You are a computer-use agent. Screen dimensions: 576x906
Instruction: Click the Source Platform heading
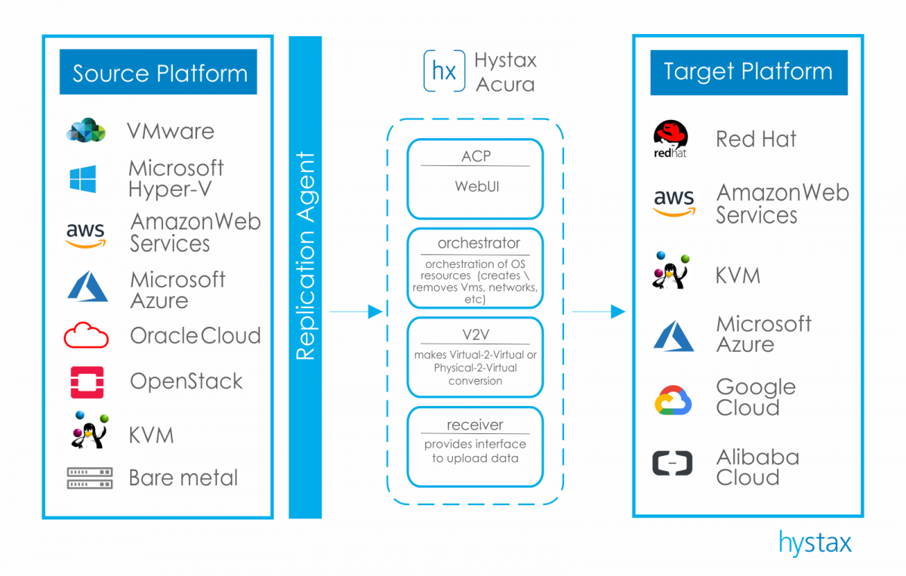click(x=159, y=73)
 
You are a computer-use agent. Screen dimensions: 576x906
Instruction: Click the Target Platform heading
click(x=747, y=72)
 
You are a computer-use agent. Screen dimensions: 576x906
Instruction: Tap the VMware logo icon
click(x=85, y=131)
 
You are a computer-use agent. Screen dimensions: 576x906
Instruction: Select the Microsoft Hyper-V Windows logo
click(x=83, y=179)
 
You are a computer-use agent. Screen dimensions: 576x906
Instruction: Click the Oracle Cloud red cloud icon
click(x=86, y=335)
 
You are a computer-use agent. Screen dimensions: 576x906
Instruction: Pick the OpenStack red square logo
click(x=87, y=382)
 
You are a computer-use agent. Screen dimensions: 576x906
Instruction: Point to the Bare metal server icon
click(x=89, y=478)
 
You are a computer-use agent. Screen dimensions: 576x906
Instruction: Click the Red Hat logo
click(x=671, y=140)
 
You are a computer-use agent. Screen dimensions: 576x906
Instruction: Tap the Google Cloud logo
click(x=673, y=399)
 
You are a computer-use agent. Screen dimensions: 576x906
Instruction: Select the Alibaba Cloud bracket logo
click(x=672, y=463)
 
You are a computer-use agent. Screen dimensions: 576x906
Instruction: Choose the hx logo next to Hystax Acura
click(x=443, y=71)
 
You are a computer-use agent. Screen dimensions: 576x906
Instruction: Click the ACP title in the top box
click(x=475, y=156)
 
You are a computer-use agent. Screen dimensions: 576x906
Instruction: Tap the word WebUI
click(x=475, y=186)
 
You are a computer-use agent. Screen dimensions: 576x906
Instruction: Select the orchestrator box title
click(x=475, y=244)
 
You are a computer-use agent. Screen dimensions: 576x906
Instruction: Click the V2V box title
click(x=475, y=334)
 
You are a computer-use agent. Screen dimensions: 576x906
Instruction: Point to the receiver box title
click(x=475, y=424)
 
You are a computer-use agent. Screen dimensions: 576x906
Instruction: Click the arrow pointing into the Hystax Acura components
click(x=356, y=311)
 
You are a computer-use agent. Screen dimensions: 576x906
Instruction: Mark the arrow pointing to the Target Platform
click(x=598, y=311)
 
